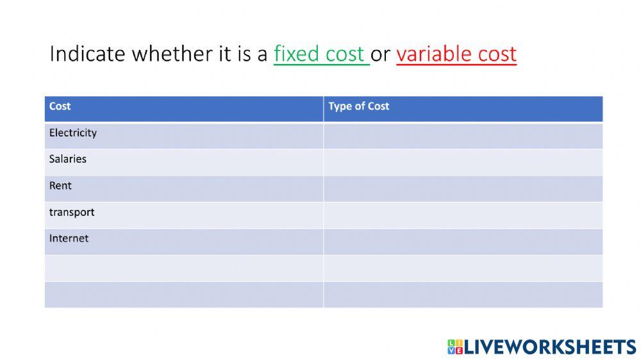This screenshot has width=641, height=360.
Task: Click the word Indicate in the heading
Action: tap(87, 54)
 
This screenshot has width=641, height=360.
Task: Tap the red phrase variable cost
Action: tap(456, 54)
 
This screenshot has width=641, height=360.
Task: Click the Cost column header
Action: tap(60, 106)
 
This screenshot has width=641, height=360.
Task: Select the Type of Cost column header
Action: tap(358, 106)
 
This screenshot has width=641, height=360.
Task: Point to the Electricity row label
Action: tap(72, 133)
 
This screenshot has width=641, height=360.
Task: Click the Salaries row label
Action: tap(67, 159)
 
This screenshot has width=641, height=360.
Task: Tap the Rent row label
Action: tap(60, 186)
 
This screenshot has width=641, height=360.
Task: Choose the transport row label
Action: tap(71, 212)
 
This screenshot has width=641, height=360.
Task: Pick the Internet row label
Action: tap(69, 238)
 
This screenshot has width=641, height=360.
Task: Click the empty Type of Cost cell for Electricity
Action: tap(463, 136)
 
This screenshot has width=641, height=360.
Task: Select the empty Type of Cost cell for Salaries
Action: tap(463, 162)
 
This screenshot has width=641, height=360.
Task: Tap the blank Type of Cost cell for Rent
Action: tap(463, 188)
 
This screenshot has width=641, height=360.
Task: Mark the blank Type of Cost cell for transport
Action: tap(463, 215)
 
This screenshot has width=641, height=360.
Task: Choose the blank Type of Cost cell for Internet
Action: tap(463, 241)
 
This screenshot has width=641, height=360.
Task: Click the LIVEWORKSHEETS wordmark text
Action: tap(549, 347)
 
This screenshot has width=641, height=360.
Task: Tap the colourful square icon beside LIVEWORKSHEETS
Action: tap(454, 347)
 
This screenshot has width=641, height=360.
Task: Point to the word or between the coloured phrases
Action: tap(380, 54)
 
